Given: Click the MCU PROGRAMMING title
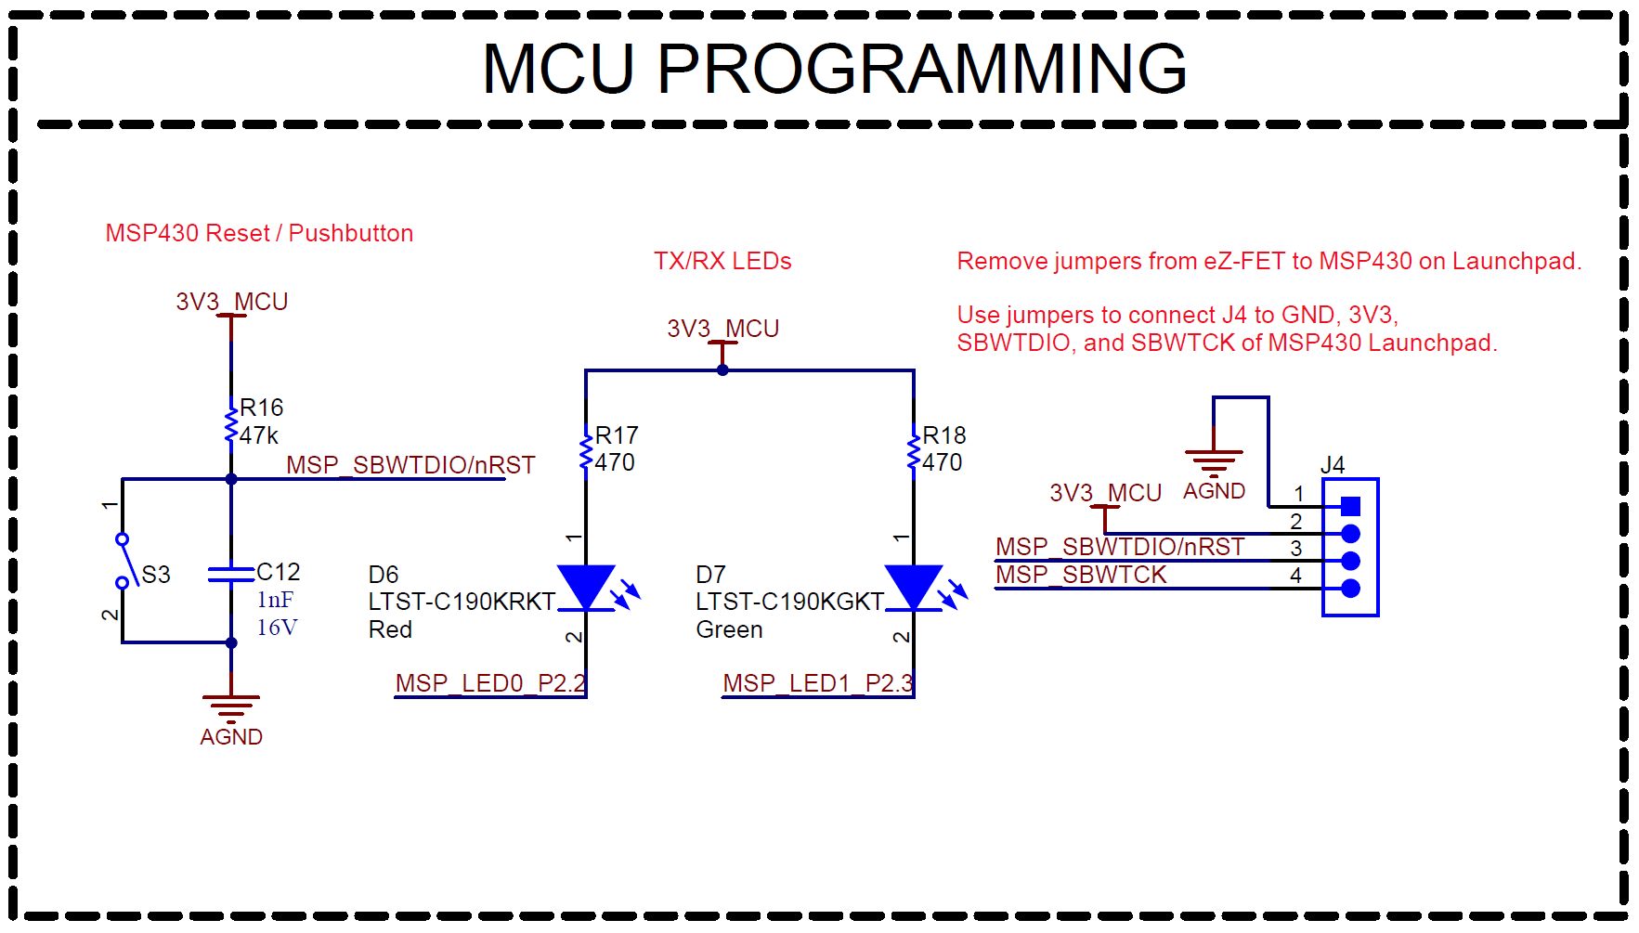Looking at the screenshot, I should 834,70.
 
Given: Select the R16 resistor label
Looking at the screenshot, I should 261,408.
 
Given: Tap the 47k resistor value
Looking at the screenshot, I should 258,435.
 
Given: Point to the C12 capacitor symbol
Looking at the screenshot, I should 231,575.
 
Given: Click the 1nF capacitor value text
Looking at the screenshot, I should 275,600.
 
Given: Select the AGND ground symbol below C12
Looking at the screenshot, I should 231,707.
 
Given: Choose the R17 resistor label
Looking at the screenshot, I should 617,435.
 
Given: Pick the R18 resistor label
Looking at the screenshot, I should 944,435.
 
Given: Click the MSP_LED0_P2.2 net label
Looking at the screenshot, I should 490,683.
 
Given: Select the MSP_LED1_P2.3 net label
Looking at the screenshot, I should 818,683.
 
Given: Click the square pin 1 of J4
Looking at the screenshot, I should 1351,506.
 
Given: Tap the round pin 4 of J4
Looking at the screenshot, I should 1351,588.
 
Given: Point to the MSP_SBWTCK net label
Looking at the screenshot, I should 1080,575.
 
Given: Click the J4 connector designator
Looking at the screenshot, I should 1332,464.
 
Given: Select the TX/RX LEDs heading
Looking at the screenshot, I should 722,261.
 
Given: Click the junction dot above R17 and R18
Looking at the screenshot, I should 722,369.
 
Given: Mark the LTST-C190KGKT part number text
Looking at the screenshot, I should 789,602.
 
